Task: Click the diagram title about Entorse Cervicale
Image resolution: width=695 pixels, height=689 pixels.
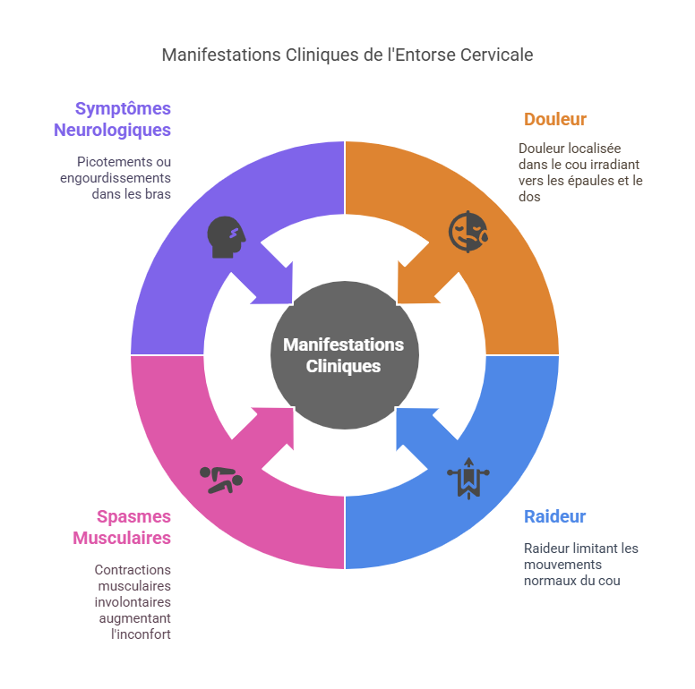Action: (x=347, y=55)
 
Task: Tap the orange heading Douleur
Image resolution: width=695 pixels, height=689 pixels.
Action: (x=555, y=119)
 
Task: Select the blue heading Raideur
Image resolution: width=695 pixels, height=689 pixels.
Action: (x=554, y=516)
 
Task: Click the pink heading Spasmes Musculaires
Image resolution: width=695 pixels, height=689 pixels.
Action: (x=122, y=527)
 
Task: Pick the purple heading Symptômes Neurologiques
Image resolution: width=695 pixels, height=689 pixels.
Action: (x=112, y=119)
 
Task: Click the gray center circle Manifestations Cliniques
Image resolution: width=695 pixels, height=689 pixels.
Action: (x=345, y=355)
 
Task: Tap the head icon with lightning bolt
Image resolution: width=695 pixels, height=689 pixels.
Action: (x=226, y=237)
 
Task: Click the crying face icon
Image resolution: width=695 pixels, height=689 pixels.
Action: (x=468, y=232)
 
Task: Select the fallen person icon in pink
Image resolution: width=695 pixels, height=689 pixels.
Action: (x=221, y=480)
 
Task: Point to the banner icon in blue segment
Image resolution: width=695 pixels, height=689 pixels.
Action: (x=468, y=478)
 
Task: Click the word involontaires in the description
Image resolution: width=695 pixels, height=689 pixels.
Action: (x=133, y=602)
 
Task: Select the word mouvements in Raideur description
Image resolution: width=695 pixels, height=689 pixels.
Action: (x=563, y=565)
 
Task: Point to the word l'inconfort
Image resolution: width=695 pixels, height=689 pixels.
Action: (x=141, y=634)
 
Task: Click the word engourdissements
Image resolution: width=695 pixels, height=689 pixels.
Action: (x=116, y=178)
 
